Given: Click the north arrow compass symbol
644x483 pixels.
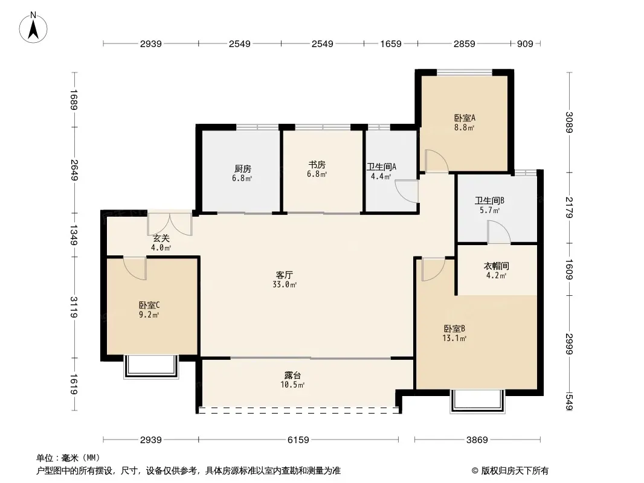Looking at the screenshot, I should pos(34,27).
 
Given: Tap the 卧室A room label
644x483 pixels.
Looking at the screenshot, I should pos(464,118).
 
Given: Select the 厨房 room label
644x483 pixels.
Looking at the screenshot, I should pos(242,169).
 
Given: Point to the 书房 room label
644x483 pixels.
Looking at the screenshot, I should pos(317,165).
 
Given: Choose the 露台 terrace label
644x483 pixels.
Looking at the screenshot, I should pos(293,376).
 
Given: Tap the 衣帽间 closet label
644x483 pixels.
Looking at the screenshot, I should pos(496,266).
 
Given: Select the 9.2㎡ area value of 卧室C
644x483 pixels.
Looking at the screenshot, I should pos(149,315).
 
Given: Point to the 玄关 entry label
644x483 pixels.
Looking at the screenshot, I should pos(161,238).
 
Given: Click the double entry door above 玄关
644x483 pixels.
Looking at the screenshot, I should pos(170,223).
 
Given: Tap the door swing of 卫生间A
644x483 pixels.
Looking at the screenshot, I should pos(408,191).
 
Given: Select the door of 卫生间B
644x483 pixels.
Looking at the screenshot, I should pos(499,232).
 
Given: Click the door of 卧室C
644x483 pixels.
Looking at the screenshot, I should pos(135,267).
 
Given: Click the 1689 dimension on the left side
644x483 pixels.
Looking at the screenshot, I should pos(74,100).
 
